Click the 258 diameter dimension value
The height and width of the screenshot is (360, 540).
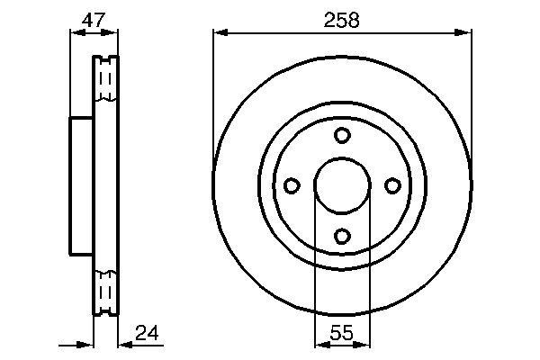(x=342, y=20)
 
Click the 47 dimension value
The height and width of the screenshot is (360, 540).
(x=93, y=20)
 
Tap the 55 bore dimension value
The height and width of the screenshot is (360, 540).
(x=342, y=333)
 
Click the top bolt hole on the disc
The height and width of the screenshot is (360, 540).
(x=342, y=135)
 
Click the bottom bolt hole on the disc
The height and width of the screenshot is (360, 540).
(x=342, y=236)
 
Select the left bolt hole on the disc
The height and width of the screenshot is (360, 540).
(x=292, y=185)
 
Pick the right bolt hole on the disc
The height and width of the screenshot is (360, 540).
(x=392, y=185)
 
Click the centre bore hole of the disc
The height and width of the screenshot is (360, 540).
(x=342, y=185)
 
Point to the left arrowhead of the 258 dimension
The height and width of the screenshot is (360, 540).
(x=219, y=33)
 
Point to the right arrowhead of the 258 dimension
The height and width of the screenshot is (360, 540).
(x=465, y=33)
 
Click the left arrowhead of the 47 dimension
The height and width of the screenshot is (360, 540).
(x=75, y=33)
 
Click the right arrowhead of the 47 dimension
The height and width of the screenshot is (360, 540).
(x=113, y=33)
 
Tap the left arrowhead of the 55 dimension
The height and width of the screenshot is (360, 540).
(x=319, y=344)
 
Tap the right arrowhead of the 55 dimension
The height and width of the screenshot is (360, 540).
(x=364, y=344)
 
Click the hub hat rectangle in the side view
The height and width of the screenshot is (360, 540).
(x=82, y=186)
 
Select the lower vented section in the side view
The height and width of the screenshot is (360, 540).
(x=105, y=290)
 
